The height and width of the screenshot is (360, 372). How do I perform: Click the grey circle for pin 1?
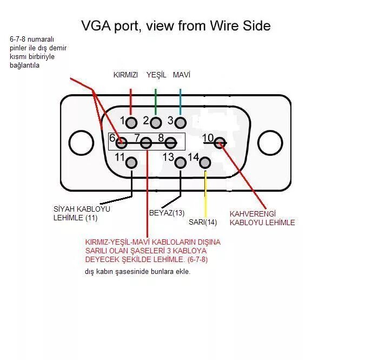click(x=131, y=123)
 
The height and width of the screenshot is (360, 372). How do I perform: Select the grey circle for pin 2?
click(x=156, y=123)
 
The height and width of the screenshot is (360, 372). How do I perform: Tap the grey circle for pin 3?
click(x=180, y=123)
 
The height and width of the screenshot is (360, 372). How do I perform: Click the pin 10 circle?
click(x=220, y=143)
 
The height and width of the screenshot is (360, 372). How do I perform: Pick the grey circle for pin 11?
click(x=131, y=162)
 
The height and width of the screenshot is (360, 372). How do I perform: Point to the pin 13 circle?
click(x=180, y=162)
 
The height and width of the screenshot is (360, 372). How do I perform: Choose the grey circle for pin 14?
click(x=205, y=162)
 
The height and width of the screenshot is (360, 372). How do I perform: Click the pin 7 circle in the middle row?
click(x=146, y=143)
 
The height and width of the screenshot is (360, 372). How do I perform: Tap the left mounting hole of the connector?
click(x=81, y=143)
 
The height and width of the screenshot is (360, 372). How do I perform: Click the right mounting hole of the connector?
click(x=270, y=143)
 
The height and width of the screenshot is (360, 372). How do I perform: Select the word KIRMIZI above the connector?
click(x=125, y=75)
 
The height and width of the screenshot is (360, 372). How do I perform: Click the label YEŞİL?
click(x=156, y=75)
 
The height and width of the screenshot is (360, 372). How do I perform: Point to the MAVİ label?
click(x=182, y=75)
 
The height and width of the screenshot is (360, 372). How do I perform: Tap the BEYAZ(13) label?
click(x=167, y=213)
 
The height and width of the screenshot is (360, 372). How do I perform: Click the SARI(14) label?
click(x=203, y=222)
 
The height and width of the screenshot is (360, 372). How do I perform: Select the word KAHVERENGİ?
click(x=253, y=214)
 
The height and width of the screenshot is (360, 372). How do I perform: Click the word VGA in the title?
click(x=96, y=25)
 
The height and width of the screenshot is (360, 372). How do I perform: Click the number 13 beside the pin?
click(x=169, y=157)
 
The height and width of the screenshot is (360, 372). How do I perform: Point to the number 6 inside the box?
click(x=112, y=138)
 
